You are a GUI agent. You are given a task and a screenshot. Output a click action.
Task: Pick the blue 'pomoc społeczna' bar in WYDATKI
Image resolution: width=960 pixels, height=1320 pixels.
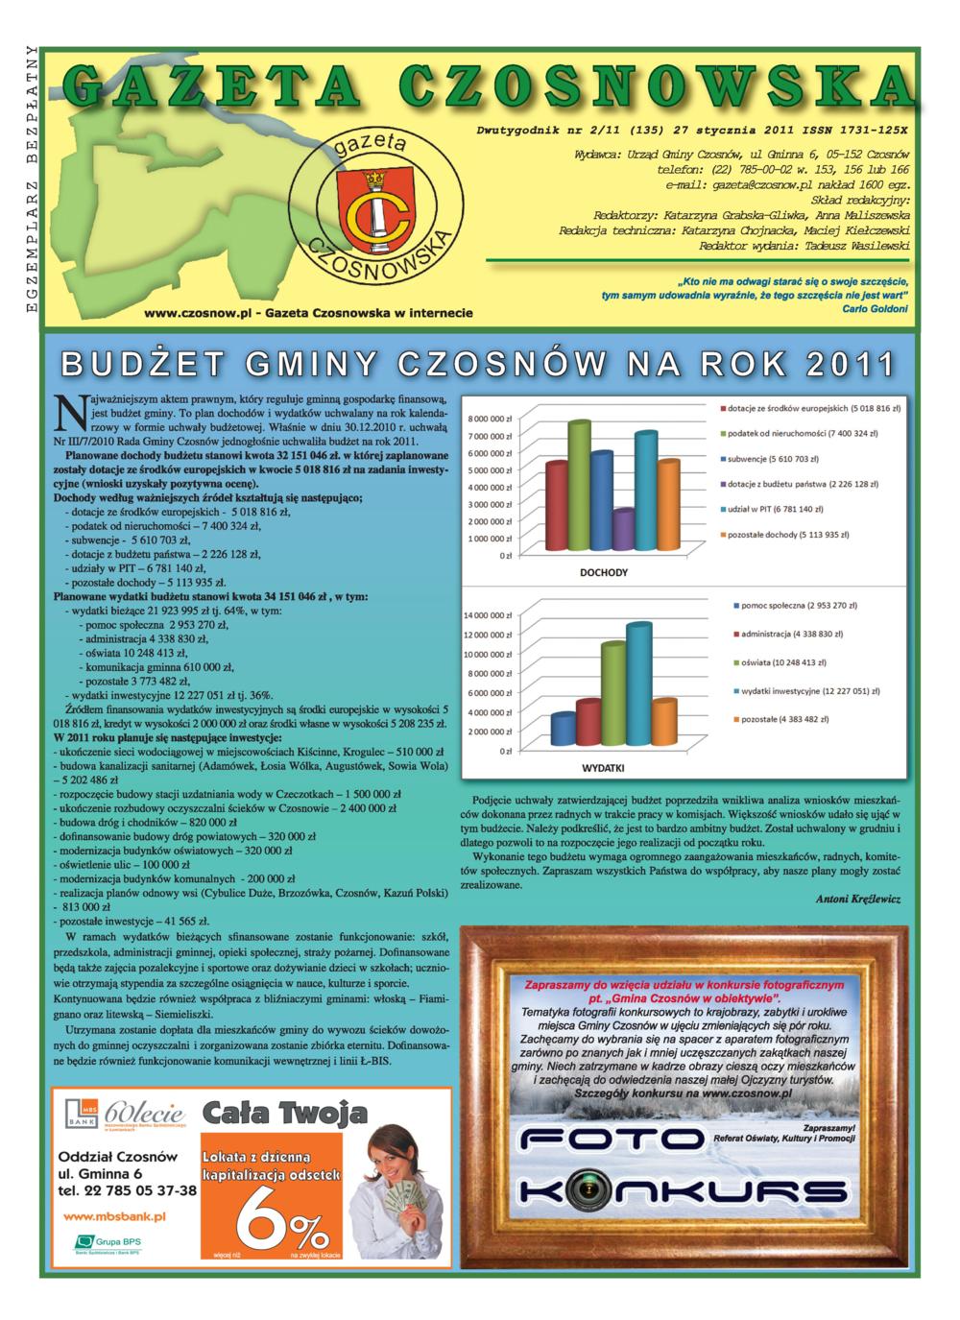[x=563, y=730]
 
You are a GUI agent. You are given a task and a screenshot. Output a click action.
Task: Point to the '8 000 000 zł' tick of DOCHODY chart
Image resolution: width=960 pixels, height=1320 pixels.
[x=490, y=419]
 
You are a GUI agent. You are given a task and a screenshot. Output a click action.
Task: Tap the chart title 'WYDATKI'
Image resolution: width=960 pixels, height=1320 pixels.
[x=604, y=769]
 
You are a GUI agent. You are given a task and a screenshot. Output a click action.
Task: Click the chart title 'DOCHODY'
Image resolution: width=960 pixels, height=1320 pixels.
[x=604, y=573]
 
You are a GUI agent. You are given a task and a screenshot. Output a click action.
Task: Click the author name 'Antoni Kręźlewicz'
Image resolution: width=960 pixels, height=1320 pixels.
[x=859, y=900]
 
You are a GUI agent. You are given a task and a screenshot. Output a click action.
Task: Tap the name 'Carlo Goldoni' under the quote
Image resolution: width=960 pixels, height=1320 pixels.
[x=874, y=309]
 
